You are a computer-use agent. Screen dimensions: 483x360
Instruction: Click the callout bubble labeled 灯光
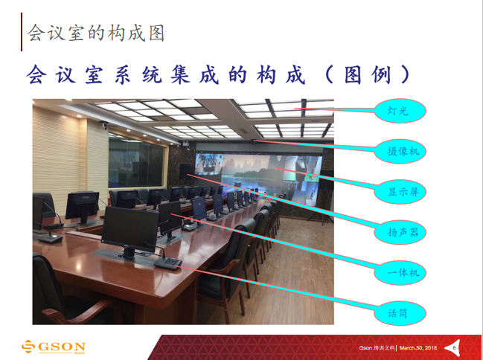[x=400, y=111]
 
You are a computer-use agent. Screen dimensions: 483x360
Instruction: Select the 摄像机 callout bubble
[x=400, y=151]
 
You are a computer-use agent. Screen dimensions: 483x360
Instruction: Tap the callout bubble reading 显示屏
[x=400, y=192]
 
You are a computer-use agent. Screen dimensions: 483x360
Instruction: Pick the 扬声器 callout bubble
[x=400, y=232]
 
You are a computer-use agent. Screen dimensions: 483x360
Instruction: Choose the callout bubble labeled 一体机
[x=400, y=273]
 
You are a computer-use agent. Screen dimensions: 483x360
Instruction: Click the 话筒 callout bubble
[x=400, y=313]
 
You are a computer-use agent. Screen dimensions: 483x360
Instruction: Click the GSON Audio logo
[x=54, y=347]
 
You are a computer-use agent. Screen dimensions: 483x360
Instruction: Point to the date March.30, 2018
[x=418, y=348]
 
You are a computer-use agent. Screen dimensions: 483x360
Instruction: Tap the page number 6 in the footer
[x=454, y=348]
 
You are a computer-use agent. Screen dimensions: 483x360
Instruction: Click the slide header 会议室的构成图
[x=96, y=33]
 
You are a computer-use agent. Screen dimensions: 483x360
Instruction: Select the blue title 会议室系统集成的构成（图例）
[x=218, y=74]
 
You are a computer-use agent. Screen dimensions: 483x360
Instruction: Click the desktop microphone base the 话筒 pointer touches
[x=168, y=263]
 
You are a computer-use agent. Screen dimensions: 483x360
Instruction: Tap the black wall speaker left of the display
[x=185, y=172]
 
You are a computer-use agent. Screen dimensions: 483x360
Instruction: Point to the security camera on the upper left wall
[x=104, y=125]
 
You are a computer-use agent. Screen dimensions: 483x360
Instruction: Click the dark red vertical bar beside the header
[x=22, y=32]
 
